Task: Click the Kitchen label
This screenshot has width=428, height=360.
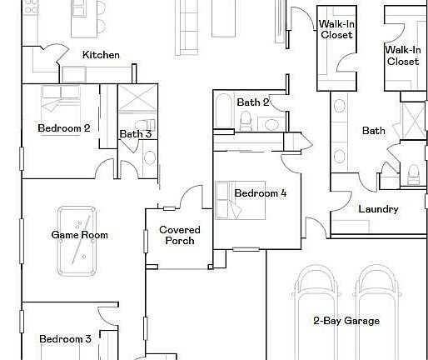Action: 101,55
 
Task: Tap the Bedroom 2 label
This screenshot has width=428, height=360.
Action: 64,128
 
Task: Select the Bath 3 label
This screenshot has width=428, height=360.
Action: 135,133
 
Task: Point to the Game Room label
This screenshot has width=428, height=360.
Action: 80,235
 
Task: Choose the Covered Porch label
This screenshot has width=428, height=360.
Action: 180,235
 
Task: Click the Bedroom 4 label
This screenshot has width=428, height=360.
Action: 260,193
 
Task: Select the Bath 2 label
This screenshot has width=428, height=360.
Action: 253,102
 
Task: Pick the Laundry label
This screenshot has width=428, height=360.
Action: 378,209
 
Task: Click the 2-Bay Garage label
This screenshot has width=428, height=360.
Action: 346,321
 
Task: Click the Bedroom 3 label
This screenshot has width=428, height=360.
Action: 65,339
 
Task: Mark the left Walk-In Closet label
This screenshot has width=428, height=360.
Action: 336,29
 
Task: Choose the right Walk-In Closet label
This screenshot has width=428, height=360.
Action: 402,55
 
